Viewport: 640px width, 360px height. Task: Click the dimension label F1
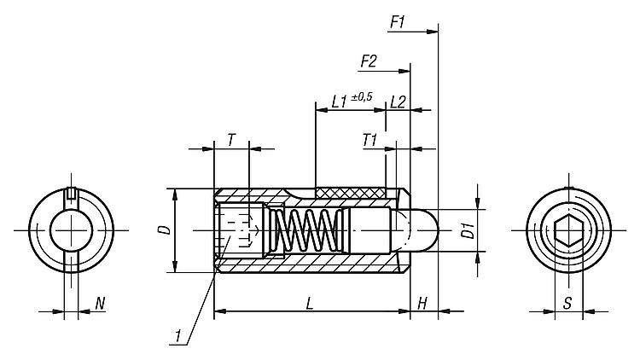click(x=398, y=22)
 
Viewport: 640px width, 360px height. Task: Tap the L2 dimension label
click(x=397, y=102)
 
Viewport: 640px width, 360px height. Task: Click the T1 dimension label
click(x=370, y=138)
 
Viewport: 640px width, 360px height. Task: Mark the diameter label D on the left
click(x=165, y=229)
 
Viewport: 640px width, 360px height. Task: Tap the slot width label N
click(x=100, y=303)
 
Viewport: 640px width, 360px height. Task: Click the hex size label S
click(x=567, y=303)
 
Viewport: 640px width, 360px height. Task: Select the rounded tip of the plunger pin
click(x=428, y=229)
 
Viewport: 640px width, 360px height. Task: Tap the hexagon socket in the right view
click(x=567, y=231)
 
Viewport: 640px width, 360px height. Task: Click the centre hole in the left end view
click(x=69, y=230)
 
